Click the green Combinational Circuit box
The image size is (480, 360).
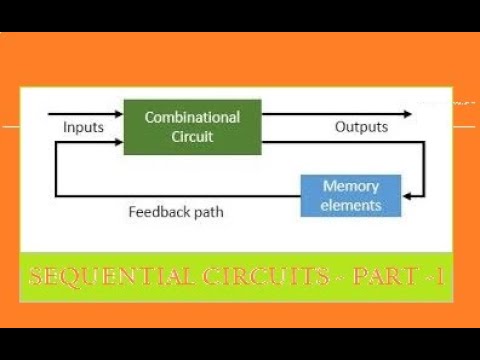click(x=192, y=126)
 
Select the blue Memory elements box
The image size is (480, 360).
click(x=351, y=195)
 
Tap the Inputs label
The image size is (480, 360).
click(x=83, y=128)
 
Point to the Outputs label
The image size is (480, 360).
click(x=361, y=128)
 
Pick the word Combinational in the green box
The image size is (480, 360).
click(x=192, y=117)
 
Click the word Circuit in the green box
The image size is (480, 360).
click(x=192, y=136)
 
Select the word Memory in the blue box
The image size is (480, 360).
click(x=351, y=186)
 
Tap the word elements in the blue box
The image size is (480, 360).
click(x=351, y=205)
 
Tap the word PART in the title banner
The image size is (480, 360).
click(x=379, y=277)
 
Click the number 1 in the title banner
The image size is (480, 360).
click(x=437, y=277)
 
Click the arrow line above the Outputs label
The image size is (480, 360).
click(x=340, y=114)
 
